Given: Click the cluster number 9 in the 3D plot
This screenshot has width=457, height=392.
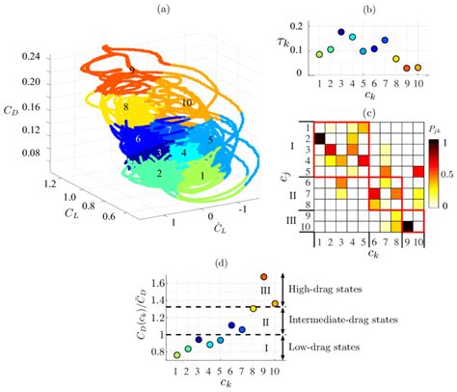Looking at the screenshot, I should click(131, 72).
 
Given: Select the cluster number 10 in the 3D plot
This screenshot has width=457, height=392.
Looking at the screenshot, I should click(186, 102).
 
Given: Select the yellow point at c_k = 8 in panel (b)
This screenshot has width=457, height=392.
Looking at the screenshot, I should click(396, 59).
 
